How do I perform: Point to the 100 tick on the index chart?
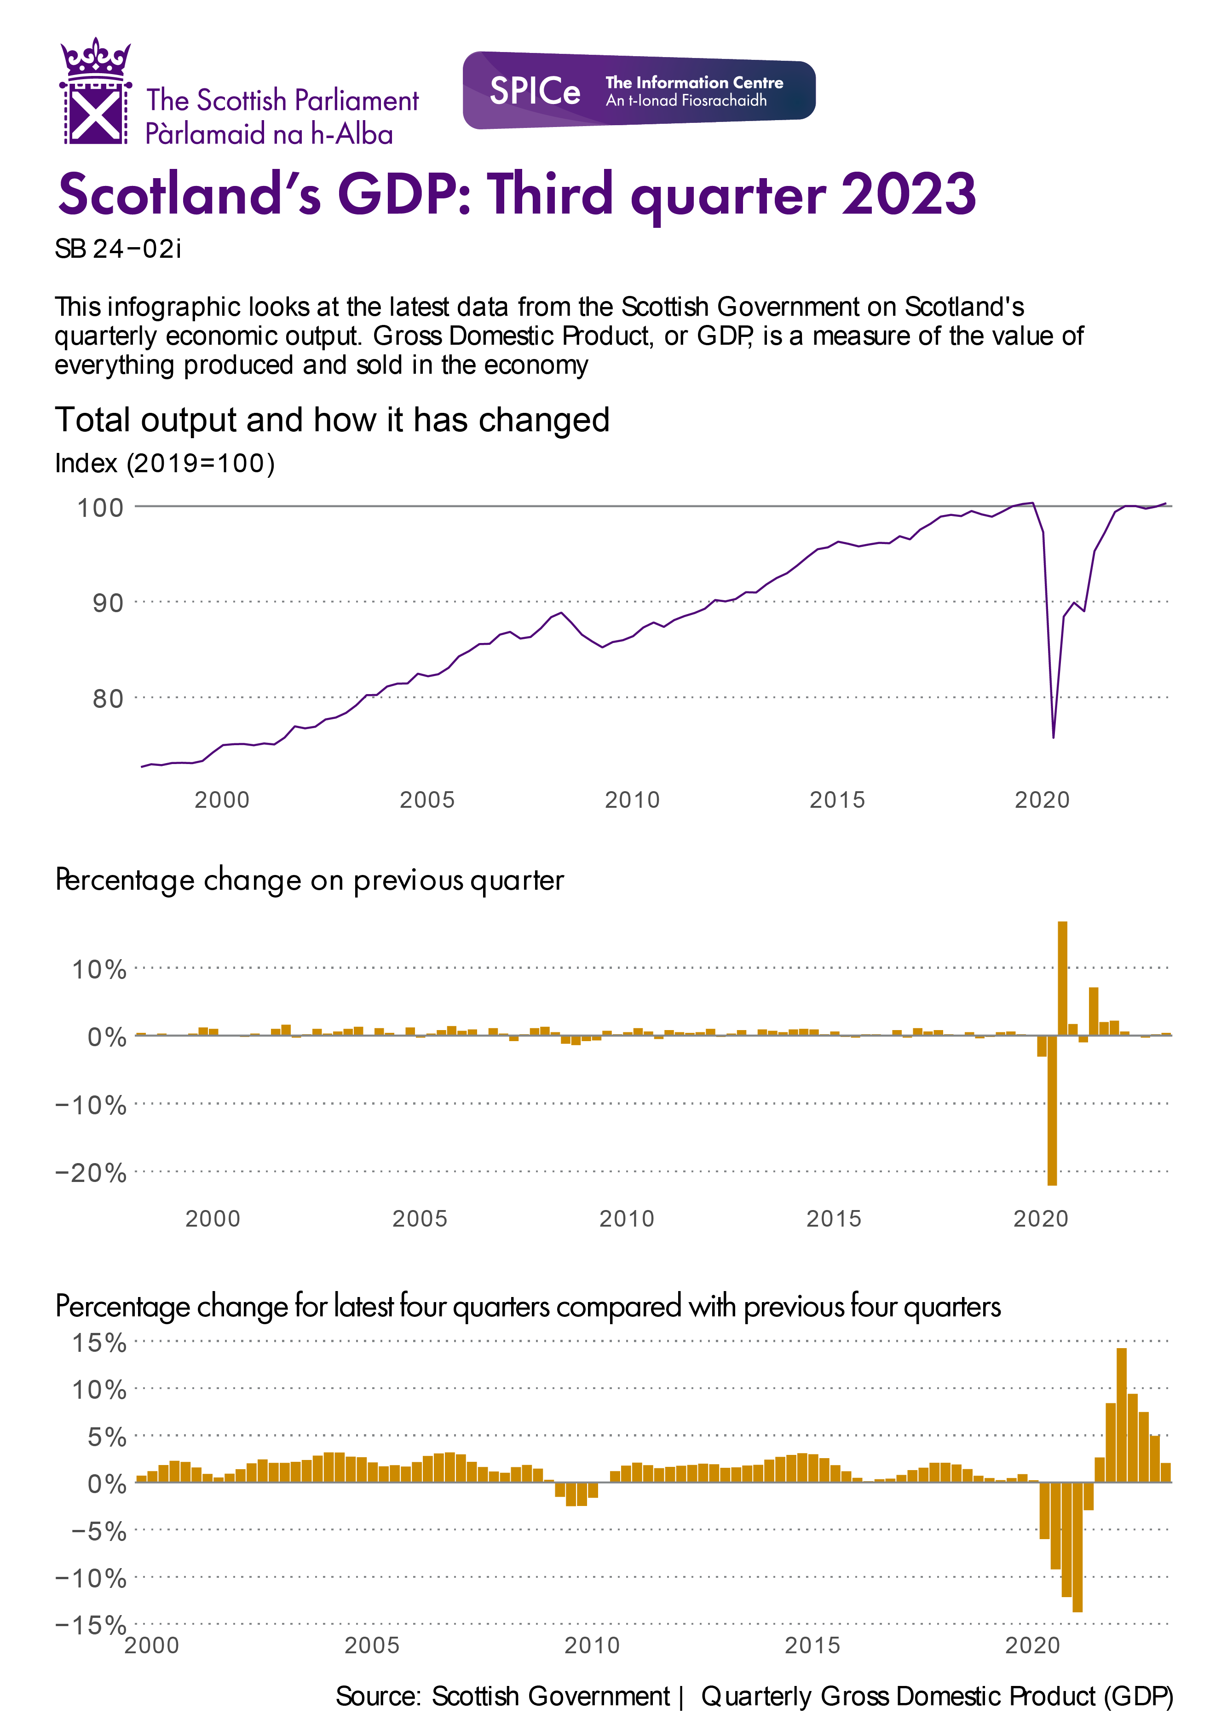click(100, 507)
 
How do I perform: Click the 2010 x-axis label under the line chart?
click(632, 799)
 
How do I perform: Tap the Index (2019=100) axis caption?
click(165, 463)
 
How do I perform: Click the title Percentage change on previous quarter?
click(310, 880)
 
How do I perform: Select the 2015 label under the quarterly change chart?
click(833, 1218)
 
